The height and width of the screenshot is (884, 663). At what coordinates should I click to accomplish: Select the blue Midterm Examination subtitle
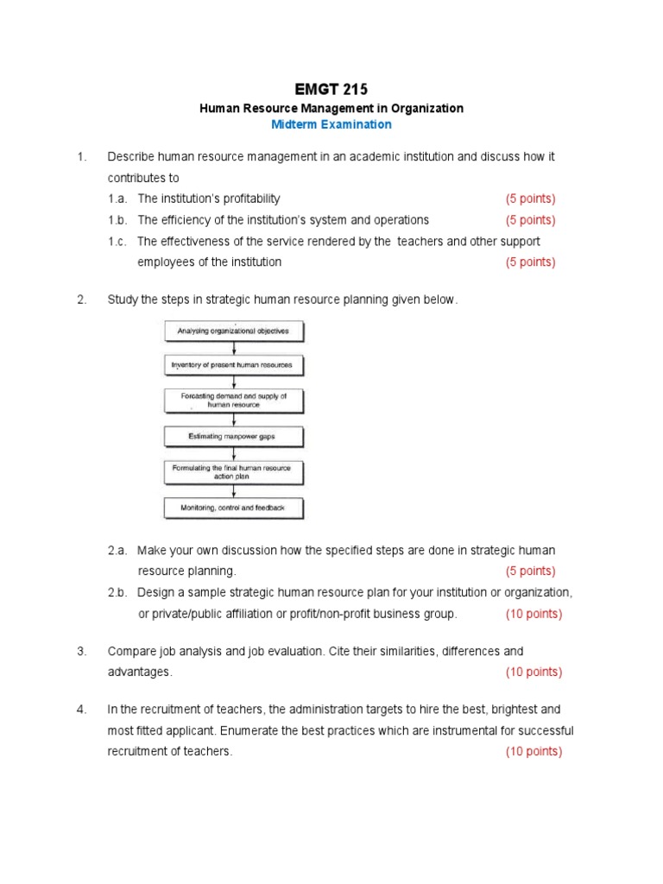(331, 124)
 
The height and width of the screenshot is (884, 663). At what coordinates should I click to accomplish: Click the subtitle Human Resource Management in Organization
(331, 108)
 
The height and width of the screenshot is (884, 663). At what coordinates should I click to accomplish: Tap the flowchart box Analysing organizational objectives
(233, 331)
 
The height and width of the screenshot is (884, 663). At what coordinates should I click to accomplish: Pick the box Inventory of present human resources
(233, 365)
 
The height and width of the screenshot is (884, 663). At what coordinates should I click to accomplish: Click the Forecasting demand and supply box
(233, 400)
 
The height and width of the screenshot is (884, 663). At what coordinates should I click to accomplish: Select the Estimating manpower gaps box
(233, 436)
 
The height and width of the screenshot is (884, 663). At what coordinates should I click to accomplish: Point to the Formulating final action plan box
(233, 472)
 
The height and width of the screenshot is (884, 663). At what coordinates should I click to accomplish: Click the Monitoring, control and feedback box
(233, 508)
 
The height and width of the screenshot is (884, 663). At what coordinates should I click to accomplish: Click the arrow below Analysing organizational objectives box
(233, 348)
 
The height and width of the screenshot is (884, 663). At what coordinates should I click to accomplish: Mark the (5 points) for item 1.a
(530, 199)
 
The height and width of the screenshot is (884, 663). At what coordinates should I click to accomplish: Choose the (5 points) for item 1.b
(530, 220)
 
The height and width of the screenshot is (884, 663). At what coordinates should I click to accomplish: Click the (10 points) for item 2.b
(534, 614)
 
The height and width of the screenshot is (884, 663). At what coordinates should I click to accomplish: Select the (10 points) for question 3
(534, 672)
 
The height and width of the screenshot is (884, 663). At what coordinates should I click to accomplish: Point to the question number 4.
(81, 709)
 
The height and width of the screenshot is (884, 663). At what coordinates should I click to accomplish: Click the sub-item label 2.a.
(118, 550)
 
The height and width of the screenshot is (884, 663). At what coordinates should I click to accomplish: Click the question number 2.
(81, 300)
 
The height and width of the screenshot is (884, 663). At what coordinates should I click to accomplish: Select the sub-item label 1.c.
(118, 242)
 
